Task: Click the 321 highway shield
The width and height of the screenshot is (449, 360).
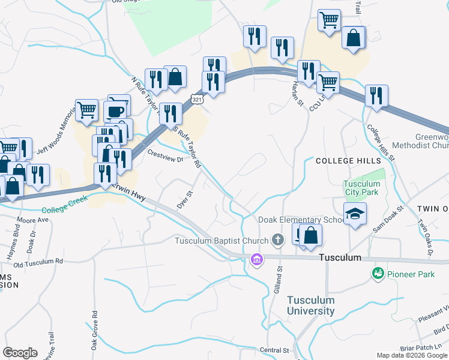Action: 197,98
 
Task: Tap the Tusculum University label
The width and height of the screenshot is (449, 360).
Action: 310,305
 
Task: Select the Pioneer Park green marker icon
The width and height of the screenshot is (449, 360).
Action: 378,274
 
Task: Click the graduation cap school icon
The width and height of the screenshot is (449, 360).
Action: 355,214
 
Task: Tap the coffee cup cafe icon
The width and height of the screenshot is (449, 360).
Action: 115,110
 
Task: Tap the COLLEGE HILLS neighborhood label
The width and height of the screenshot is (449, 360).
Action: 348,161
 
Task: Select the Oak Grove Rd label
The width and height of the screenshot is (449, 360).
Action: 94,330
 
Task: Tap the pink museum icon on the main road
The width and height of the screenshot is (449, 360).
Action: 257,260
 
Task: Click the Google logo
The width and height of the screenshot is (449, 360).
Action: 20,352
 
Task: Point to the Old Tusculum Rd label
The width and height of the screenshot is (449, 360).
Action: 38,263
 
